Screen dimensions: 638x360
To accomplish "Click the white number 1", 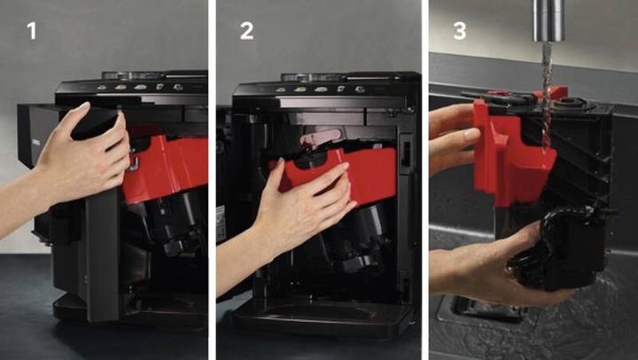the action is click(31, 30).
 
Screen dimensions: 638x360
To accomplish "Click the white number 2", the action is click(246, 30).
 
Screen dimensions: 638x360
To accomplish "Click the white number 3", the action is click(460, 30).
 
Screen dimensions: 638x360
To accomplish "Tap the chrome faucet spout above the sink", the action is click(549, 20).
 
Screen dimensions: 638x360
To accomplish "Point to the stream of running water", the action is click(548, 94).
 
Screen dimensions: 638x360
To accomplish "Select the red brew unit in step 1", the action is click(166, 167).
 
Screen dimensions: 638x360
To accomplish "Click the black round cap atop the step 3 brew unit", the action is click(569, 102).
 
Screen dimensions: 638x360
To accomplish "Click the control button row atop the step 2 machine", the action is click(319, 90).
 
